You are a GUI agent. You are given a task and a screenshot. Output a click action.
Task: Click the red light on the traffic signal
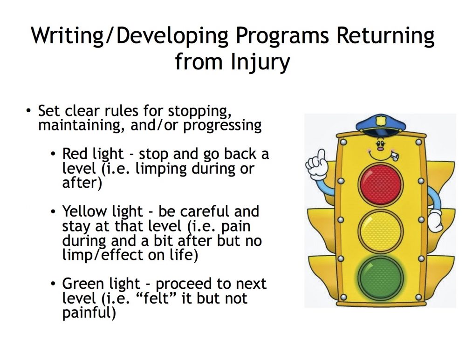[x=380, y=183]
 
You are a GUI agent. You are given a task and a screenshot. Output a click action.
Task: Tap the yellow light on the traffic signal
[x=380, y=231]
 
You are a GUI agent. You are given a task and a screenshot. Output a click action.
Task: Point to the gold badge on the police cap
[x=381, y=121]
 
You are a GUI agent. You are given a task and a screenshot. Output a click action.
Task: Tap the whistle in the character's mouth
[x=393, y=156]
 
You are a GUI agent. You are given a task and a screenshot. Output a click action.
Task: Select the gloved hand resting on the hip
[x=435, y=221]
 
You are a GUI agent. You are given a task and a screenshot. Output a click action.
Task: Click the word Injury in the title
[x=260, y=62]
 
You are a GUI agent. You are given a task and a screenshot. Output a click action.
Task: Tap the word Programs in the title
[x=282, y=35]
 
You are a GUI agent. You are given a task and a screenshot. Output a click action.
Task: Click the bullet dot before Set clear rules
[x=28, y=111]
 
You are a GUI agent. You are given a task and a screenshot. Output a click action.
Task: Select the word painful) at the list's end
[x=89, y=313]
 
